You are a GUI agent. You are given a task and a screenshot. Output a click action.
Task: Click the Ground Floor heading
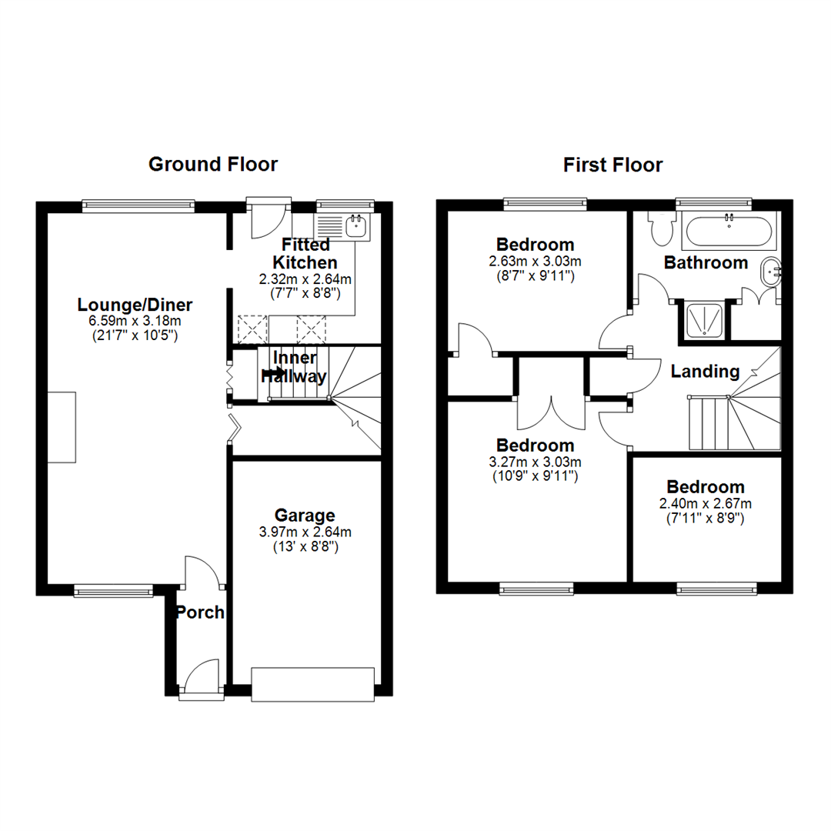tap(213, 164)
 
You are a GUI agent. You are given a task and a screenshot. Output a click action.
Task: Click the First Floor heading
tap(612, 165)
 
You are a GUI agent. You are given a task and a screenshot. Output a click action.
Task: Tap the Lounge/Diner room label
tap(135, 304)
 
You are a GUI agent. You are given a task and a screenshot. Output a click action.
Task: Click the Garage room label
tap(305, 515)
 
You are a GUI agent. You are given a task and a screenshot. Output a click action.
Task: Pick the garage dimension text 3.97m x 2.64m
tap(305, 532)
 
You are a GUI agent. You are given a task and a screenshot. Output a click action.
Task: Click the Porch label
tap(199, 612)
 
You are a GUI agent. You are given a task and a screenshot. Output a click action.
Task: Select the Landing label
tap(705, 372)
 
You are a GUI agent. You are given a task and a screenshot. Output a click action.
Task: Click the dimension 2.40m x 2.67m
tap(705, 504)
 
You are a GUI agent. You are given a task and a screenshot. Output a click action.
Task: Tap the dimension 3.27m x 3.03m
tap(535, 462)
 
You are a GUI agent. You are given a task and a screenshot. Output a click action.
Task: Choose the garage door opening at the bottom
tap(313, 684)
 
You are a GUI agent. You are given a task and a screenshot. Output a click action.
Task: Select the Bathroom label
tap(706, 262)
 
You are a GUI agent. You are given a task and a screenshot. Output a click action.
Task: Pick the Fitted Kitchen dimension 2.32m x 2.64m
tap(305, 279)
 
